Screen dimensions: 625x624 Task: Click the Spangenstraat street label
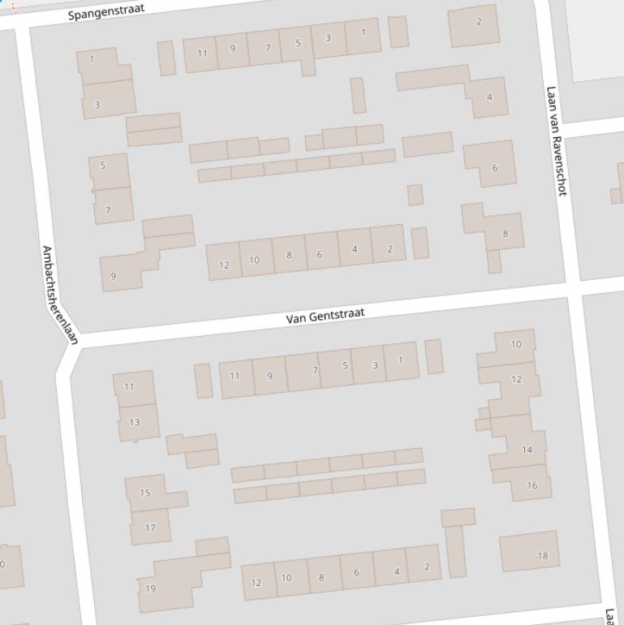point(106,12)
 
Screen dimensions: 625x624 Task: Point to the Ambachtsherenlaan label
point(59,295)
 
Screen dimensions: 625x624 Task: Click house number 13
point(134,422)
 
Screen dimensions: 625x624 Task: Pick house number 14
point(527,450)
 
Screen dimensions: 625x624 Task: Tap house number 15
point(145,493)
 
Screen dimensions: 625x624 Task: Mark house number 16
point(532,486)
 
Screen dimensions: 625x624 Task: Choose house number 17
point(150,528)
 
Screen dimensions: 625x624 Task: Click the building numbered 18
point(543,556)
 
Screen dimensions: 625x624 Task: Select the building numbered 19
point(151,588)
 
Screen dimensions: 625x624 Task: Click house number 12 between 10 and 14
point(517,379)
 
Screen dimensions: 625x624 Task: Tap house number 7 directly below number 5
point(108,210)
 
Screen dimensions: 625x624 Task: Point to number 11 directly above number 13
point(129,386)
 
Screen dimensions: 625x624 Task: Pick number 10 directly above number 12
point(516,344)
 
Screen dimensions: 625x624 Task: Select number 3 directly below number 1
point(97,105)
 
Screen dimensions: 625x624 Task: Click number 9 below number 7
point(113,276)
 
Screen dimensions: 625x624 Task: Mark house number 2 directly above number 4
point(479,22)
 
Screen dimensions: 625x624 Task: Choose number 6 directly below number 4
point(495,168)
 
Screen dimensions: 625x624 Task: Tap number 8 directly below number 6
point(506,234)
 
